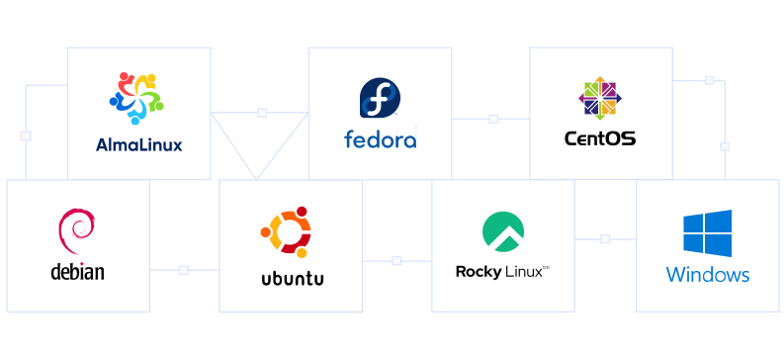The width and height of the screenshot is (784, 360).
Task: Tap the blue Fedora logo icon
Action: (x=380, y=100)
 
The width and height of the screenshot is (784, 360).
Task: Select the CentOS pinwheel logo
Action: (x=599, y=99)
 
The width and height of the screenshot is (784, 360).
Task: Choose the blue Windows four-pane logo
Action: (x=707, y=233)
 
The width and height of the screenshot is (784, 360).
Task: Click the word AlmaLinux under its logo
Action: (x=138, y=144)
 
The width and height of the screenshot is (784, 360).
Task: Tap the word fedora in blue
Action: (x=380, y=139)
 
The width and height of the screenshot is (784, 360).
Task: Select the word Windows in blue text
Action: (x=707, y=275)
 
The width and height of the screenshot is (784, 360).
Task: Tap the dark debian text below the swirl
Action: (x=77, y=273)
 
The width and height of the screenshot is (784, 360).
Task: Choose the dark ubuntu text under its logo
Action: (x=291, y=278)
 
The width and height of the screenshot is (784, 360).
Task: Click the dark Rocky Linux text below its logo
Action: (x=503, y=270)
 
